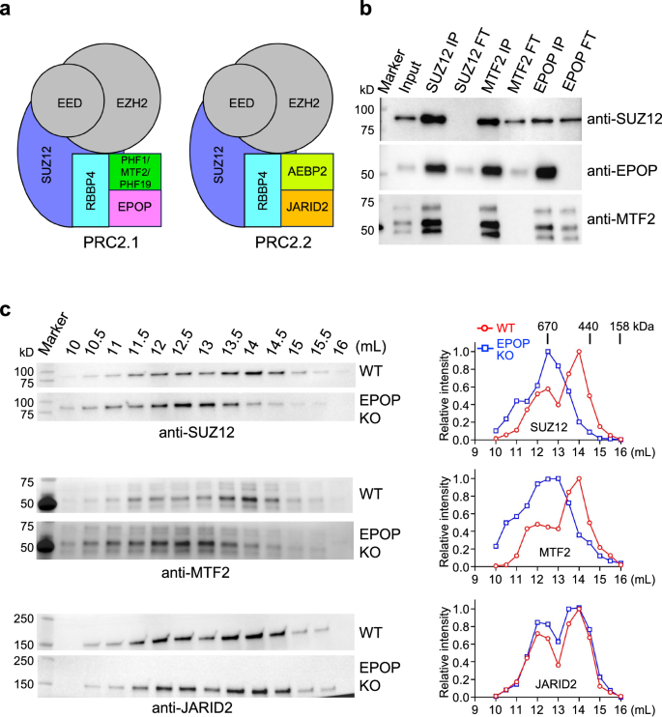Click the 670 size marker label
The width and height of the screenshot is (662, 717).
pos(547,327)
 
